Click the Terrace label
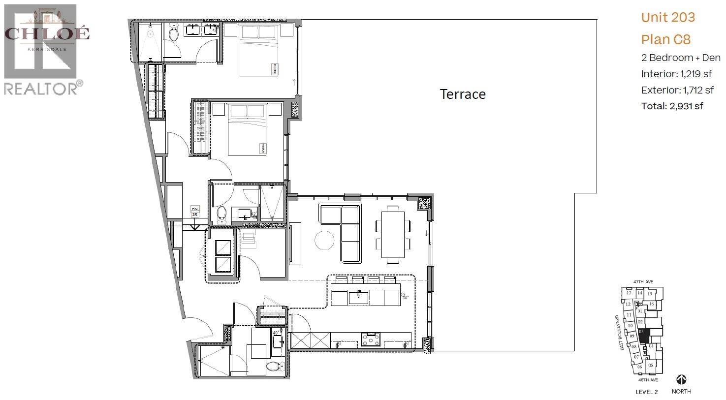point(462,94)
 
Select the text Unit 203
point(667,17)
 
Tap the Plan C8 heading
point(665,39)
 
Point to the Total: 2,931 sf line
point(671,106)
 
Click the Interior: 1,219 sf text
point(676,74)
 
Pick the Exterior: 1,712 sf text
point(677,90)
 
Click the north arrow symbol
point(681,380)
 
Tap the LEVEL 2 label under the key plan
point(646,392)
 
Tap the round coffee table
point(325,241)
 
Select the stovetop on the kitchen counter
point(371,339)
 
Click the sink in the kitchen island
point(358,297)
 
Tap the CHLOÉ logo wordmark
point(47,33)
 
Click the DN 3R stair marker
point(195,212)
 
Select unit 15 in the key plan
point(650,294)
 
